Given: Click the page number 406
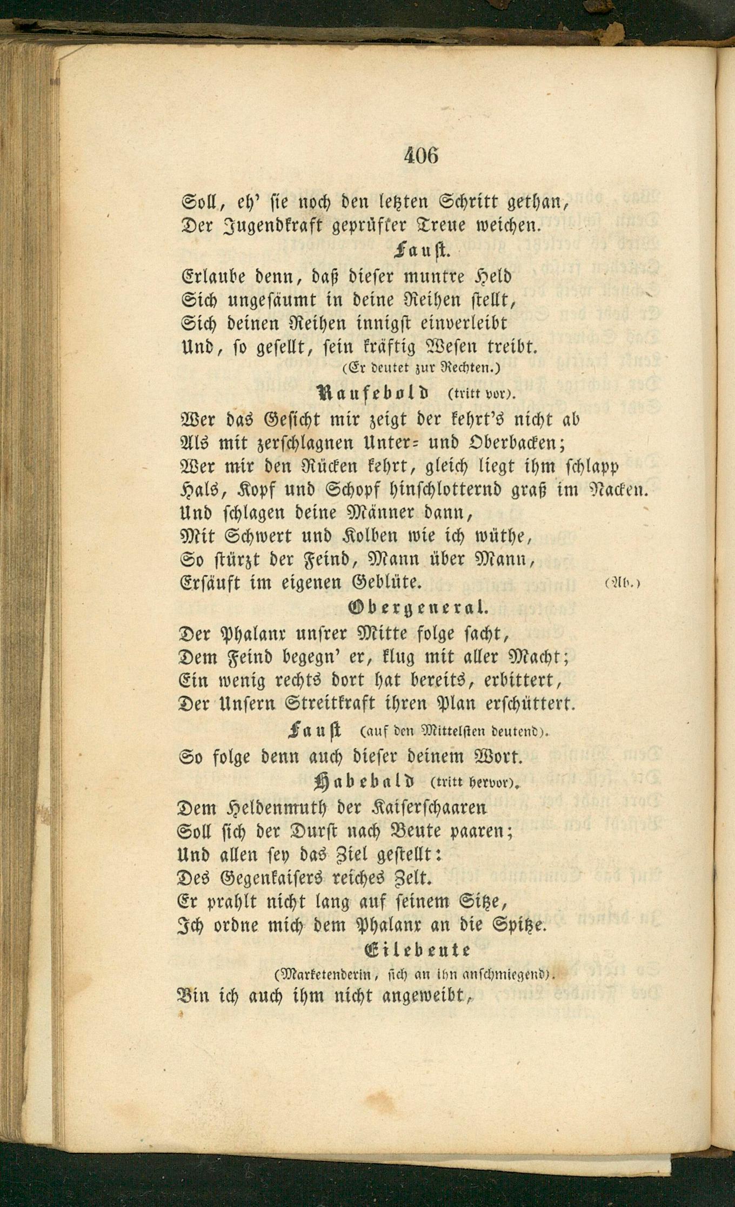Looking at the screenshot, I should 420,156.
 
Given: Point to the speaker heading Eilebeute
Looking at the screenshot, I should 418,951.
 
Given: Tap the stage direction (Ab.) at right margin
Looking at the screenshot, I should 623,584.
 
